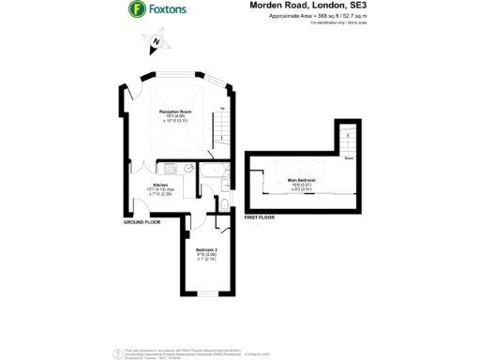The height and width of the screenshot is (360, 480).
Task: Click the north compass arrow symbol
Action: (x=155, y=43)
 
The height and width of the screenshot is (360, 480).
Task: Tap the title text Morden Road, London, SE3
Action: (x=303, y=6)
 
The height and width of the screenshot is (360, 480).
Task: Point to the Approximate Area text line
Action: (x=306, y=16)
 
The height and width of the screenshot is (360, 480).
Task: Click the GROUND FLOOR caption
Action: (x=141, y=223)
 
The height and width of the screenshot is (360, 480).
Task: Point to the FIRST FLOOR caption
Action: (x=258, y=217)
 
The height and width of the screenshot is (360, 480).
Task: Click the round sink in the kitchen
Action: (x=188, y=170)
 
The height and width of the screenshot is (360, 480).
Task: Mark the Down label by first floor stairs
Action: (x=348, y=158)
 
